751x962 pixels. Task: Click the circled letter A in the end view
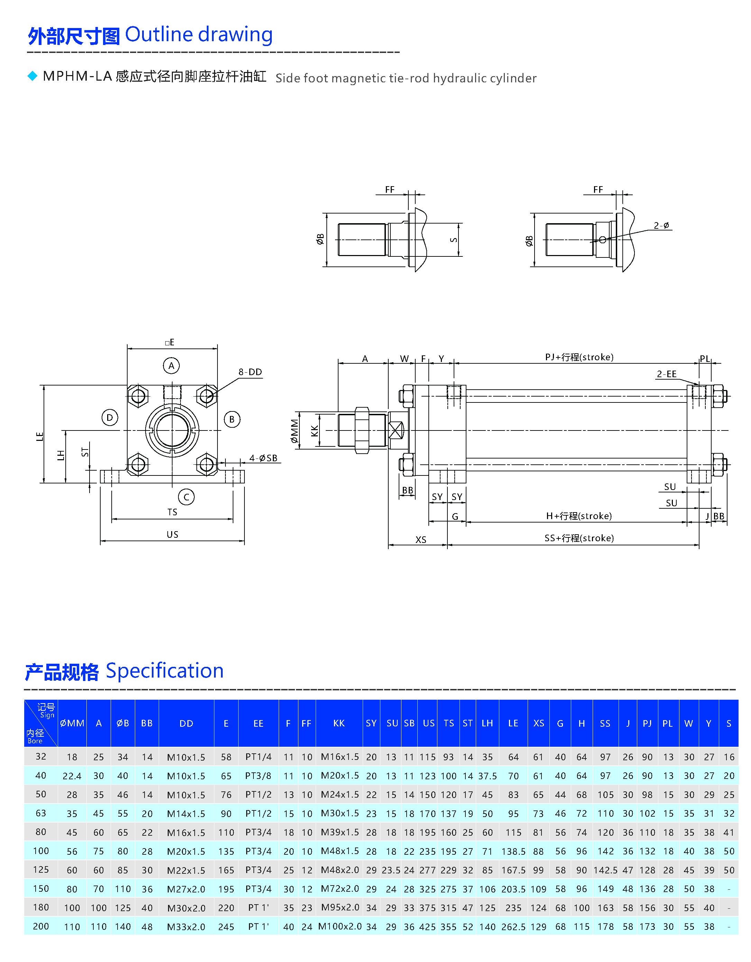pyautogui.click(x=171, y=366)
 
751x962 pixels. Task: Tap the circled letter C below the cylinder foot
pyautogui.click(x=186, y=497)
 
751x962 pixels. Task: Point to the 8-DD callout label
pyautogui.click(x=250, y=372)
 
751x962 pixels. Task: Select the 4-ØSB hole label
pyautogui.click(x=263, y=458)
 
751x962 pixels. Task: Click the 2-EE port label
pyautogui.click(x=667, y=374)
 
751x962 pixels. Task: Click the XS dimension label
pyautogui.click(x=421, y=539)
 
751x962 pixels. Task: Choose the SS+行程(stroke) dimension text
pyautogui.click(x=579, y=538)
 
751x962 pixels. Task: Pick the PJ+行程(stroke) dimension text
pyautogui.click(x=579, y=357)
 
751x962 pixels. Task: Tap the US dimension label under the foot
pyautogui.click(x=172, y=534)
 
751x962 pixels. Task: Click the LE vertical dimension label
pyautogui.click(x=40, y=436)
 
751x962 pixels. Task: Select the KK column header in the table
pyautogui.click(x=339, y=723)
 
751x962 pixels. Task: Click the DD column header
pyautogui.click(x=186, y=723)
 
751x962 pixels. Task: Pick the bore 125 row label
pyautogui.click(x=41, y=870)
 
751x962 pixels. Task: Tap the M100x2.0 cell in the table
pyautogui.click(x=340, y=926)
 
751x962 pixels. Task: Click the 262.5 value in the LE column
pyautogui.click(x=513, y=927)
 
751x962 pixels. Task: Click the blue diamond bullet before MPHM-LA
pyautogui.click(x=33, y=76)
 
